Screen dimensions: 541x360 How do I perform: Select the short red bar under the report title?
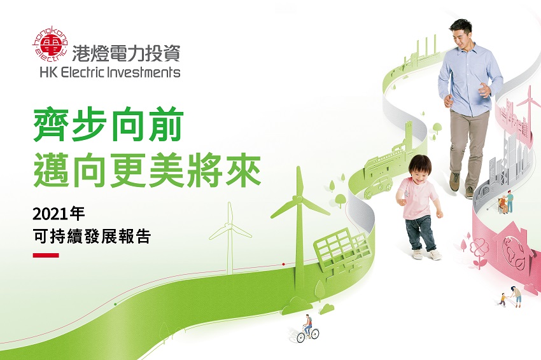[x=46, y=256]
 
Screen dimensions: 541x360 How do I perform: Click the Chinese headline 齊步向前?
[x=108, y=125]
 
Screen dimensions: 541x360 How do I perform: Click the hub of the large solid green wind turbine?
[x=297, y=199]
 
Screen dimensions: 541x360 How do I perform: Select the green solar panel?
[x=342, y=251]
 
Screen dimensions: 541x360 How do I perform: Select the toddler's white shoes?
[x=426, y=254]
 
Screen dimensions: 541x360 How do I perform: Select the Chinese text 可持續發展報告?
[x=92, y=237]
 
